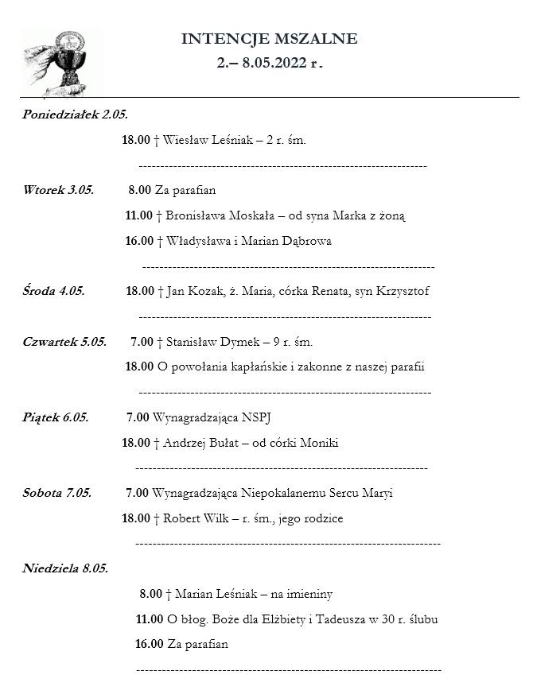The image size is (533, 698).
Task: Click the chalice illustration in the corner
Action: pos(61,60)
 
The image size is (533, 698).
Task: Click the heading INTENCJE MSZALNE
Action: pos(269,39)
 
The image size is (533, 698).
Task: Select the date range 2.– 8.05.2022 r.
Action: pos(269,64)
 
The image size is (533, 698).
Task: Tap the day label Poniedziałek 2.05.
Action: pos(75,114)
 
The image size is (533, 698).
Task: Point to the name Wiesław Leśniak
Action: pos(200,140)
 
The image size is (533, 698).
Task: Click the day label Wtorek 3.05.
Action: pos(58,190)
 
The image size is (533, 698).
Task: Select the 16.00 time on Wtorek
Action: pos(138,241)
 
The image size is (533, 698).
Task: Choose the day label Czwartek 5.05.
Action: pos(64,342)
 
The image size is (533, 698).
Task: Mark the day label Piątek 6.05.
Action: pos(55,417)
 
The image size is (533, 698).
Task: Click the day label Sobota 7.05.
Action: pos(56,493)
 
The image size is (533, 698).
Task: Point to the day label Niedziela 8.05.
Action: pos(64,568)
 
